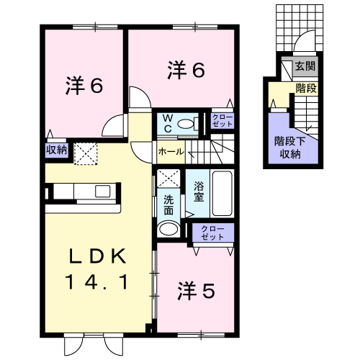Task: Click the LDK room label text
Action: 98,269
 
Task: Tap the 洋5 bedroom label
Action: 196,291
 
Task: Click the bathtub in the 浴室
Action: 222,194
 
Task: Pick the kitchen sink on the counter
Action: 102,192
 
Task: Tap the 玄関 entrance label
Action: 305,66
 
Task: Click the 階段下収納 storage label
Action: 290,148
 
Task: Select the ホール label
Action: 171,151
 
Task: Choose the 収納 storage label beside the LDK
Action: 56,150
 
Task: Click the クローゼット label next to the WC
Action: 222,121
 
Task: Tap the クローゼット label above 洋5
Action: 212,233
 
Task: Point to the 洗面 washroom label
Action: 168,205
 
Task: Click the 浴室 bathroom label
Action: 199,192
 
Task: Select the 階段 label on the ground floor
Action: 307,89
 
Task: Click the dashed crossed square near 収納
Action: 86,154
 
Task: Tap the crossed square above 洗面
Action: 168,179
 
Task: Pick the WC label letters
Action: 168,123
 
